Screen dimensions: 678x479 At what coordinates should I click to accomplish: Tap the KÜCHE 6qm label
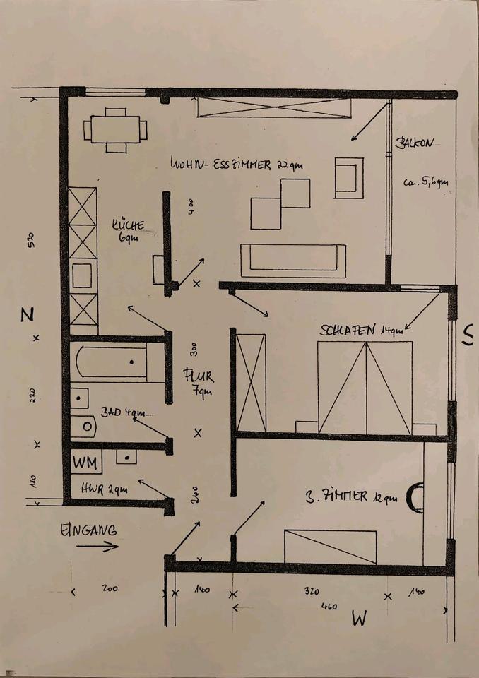coord(128,232)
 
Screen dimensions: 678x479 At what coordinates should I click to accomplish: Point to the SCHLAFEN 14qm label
coord(361,330)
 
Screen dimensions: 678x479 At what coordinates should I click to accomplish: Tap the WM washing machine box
coord(86,463)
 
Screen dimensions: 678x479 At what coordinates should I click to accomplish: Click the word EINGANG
coord(88,530)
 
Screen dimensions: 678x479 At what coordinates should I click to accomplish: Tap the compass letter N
coord(27,316)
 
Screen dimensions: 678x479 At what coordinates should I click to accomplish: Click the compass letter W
coord(360,619)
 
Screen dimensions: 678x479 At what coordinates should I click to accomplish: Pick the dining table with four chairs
coord(115,130)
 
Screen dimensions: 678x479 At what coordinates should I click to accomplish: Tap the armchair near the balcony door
coord(348,176)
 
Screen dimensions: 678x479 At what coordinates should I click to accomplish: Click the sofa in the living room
coord(293,261)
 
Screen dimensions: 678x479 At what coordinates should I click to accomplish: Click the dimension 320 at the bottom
coord(312,592)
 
